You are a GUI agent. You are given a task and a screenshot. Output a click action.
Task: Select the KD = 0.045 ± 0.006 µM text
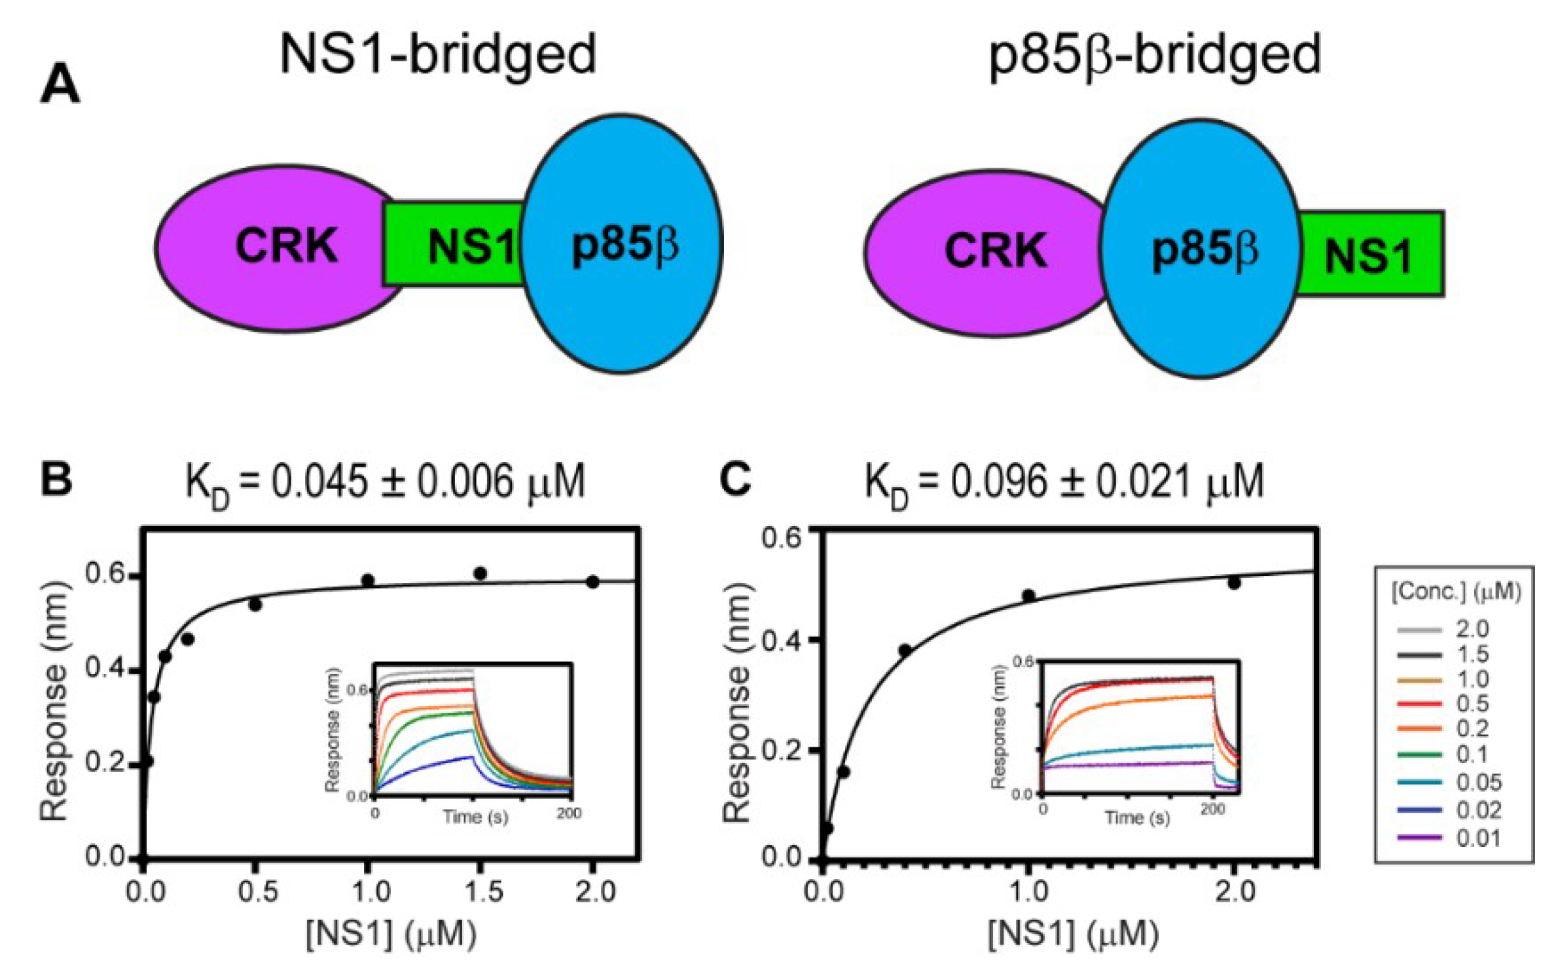(x=385, y=483)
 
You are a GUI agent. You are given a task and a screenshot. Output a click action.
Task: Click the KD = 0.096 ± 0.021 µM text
(x=1064, y=483)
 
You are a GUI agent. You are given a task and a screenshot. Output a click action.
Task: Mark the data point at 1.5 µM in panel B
(x=480, y=574)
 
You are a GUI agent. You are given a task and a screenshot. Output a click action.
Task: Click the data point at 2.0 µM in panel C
(x=1234, y=582)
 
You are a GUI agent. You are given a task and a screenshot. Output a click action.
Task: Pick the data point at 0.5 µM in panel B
(x=255, y=605)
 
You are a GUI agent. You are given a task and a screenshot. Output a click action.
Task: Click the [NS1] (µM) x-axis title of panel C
(x=1073, y=934)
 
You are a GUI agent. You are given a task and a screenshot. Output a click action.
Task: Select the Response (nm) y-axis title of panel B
(x=54, y=700)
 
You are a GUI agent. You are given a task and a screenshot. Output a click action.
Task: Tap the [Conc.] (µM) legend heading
(x=1455, y=592)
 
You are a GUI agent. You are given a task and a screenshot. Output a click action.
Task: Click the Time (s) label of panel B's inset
(x=475, y=816)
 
